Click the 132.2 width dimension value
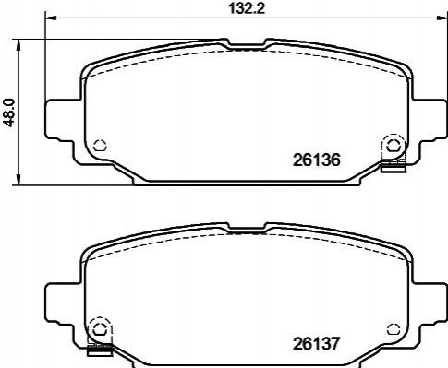(x=247, y=8)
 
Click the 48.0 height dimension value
(x=8, y=113)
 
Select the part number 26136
(x=316, y=160)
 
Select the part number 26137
(x=316, y=344)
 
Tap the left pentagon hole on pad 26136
(x=100, y=145)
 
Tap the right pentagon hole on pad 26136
(x=392, y=145)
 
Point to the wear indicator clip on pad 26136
(x=394, y=166)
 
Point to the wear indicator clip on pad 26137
(x=99, y=350)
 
